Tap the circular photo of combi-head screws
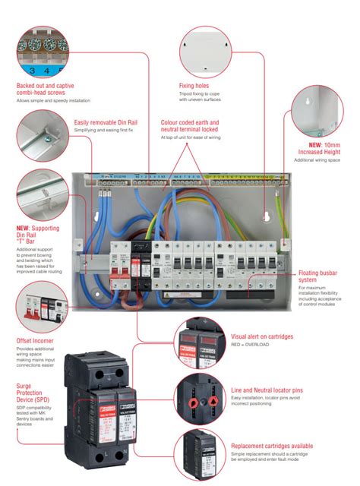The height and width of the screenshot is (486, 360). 44,49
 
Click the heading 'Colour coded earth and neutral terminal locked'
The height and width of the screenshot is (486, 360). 190,126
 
